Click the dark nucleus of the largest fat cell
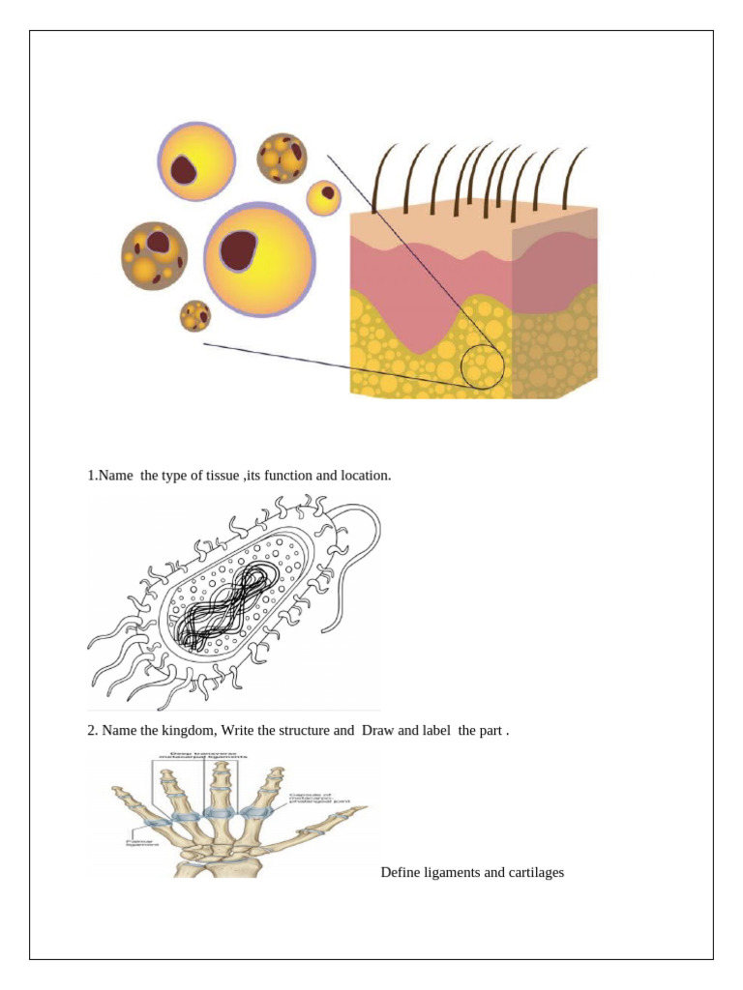click(238, 251)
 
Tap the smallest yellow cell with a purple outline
click(324, 197)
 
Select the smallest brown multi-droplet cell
click(195, 315)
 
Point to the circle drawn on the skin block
click(483, 367)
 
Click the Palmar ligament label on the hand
click(142, 844)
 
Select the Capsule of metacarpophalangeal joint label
click(319, 796)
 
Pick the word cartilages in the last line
click(534, 873)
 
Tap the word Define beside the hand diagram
click(401, 873)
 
